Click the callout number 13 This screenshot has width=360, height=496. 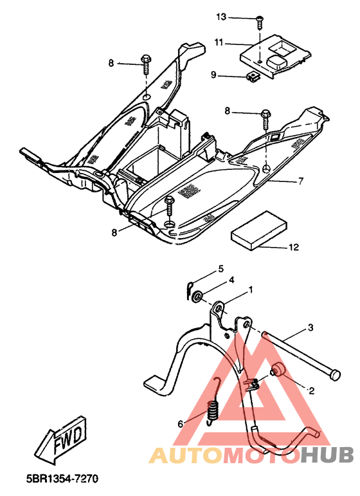pyautogui.click(x=221, y=17)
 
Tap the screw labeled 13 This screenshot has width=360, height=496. pyautogui.click(x=260, y=22)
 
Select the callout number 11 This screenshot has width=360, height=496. pyautogui.click(x=219, y=42)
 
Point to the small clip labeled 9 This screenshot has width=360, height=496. pyautogui.click(x=252, y=77)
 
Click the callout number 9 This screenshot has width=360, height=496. pyautogui.click(x=213, y=75)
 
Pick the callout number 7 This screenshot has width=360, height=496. pyautogui.click(x=301, y=181)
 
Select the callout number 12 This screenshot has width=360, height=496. pyautogui.click(x=294, y=247)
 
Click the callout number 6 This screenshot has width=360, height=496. pyautogui.click(x=181, y=424)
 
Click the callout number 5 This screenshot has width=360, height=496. pyautogui.click(x=221, y=269)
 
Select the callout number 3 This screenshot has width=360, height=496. pyautogui.click(x=310, y=327)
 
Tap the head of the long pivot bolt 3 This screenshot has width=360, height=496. pyautogui.click(x=335, y=375)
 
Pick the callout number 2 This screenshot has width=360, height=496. pyautogui.click(x=312, y=391)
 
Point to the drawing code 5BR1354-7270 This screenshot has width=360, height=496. pyautogui.click(x=62, y=478)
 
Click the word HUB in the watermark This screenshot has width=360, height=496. pyautogui.click(x=327, y=455)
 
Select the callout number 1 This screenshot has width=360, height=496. pyautogui.click(x=251, y=289)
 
